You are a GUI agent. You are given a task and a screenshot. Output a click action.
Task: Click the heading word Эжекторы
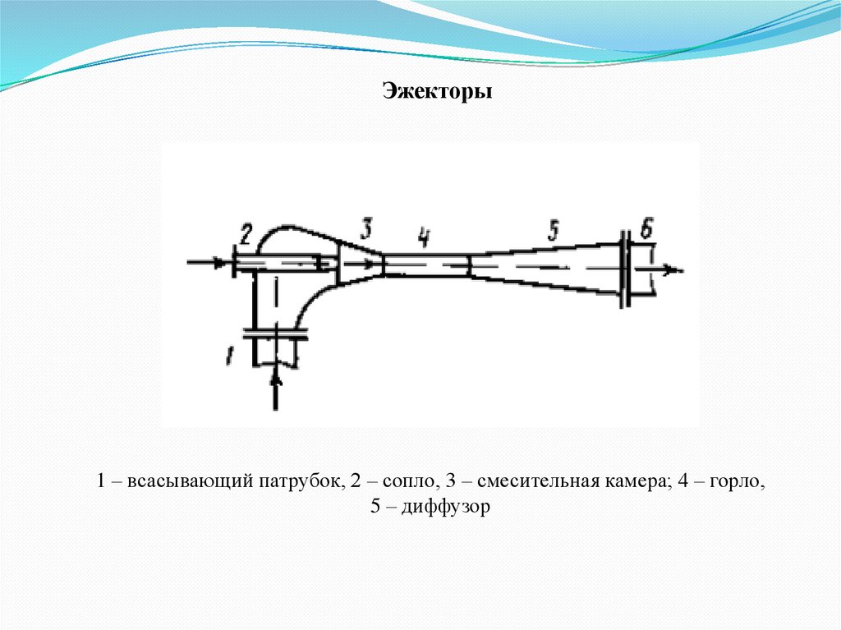point(438,91)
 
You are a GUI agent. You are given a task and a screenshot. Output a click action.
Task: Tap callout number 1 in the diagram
point(231,356)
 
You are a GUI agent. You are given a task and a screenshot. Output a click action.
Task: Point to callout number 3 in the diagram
point(366,227)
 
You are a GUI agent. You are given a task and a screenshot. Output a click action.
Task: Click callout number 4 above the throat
point(423,237)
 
